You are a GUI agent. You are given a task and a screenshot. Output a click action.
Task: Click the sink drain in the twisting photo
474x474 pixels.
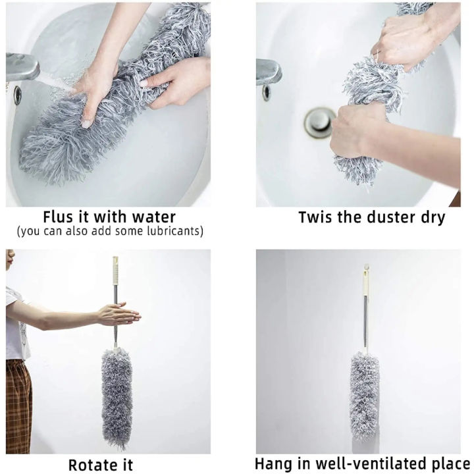point(319,122)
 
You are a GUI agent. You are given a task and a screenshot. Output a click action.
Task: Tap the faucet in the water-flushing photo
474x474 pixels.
point(22,66)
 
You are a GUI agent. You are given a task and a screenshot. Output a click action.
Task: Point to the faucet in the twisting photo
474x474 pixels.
point(269,70)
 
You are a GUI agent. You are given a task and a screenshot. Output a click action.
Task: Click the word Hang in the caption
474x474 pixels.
point(274,463)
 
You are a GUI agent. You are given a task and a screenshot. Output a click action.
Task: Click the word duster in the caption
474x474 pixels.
point(392,217)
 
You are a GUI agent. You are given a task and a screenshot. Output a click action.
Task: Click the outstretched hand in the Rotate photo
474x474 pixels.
point(119,314)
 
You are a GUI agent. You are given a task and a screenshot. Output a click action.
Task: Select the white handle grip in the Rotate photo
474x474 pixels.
point(116,271)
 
